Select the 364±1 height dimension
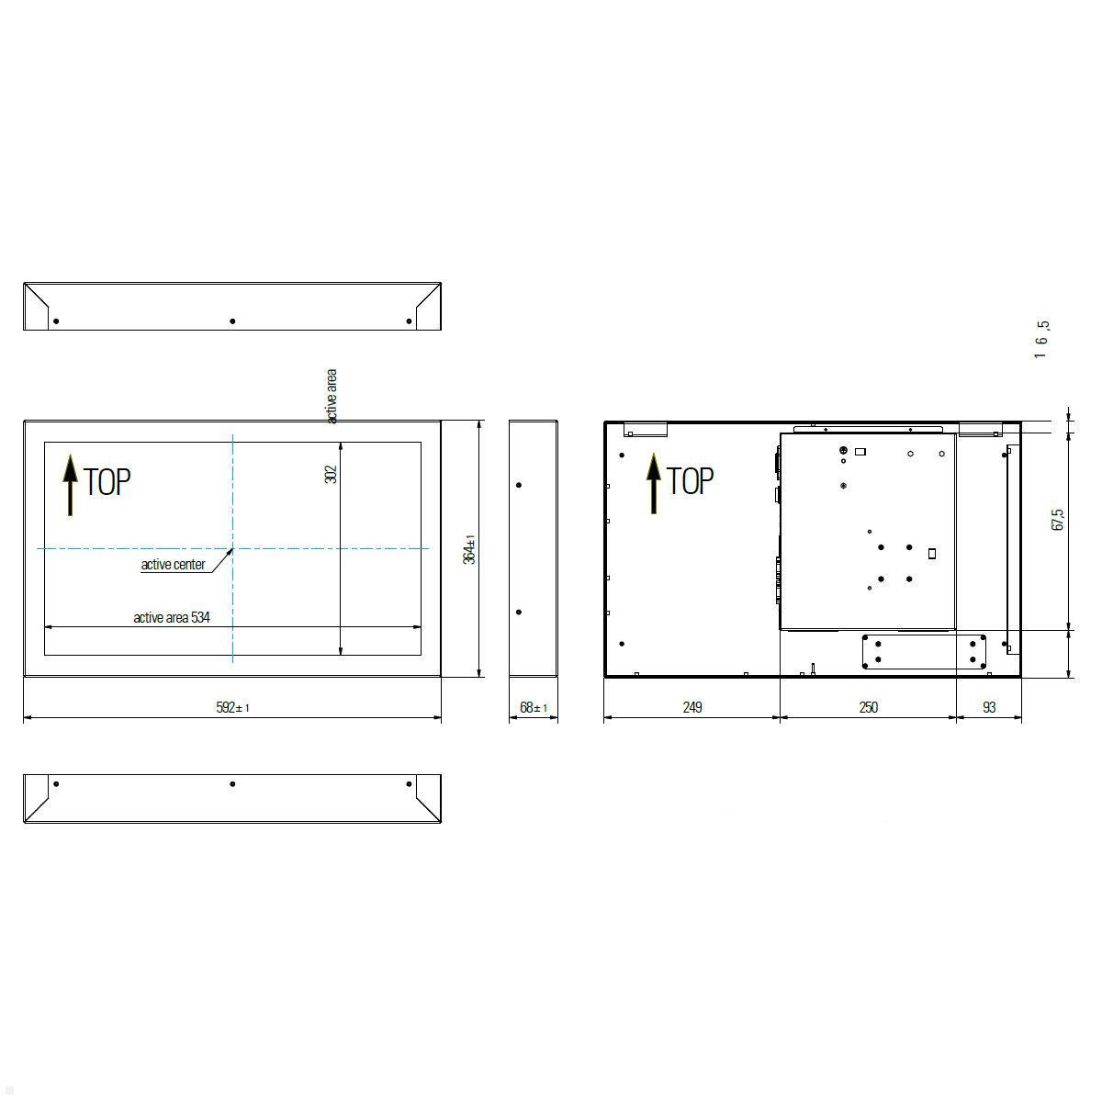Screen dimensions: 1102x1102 469,549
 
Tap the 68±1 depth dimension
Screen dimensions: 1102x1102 534,707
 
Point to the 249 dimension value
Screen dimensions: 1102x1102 692,707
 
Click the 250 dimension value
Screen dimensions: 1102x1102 868,707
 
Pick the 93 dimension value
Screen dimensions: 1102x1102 989,707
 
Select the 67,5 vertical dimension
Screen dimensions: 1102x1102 1058,520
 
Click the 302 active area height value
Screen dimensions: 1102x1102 332,474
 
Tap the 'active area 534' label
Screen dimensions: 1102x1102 172,618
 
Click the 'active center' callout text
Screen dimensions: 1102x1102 173,565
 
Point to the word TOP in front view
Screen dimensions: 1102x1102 107,482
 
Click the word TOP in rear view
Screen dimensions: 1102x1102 690,481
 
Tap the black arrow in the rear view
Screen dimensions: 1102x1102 653,483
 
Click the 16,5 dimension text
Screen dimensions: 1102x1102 1041,339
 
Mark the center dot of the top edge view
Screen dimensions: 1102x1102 232,321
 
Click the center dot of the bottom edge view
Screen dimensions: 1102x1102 232,784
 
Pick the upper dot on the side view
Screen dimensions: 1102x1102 519,485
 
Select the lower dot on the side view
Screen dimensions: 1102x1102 519,613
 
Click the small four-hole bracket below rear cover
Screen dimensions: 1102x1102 925,652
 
